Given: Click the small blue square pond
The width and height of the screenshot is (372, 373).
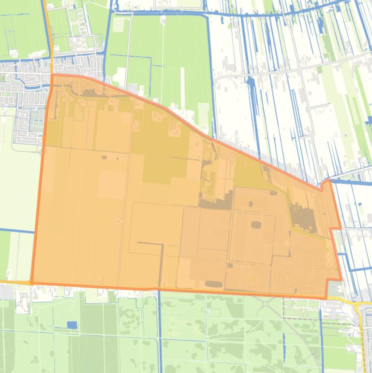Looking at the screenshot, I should tap(72, 325).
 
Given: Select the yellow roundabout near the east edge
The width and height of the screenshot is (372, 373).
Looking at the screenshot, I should tap(357, 306).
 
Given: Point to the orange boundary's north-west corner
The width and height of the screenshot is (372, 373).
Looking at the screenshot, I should tap(52, 75).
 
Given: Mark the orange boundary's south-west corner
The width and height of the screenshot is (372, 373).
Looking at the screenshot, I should tap(31, 282).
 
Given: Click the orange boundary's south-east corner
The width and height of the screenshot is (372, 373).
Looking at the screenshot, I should tap(327, 297).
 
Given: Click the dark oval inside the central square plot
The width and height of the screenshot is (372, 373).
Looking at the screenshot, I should tap(255, 224).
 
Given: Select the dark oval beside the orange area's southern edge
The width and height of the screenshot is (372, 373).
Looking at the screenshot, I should tap(211, 284).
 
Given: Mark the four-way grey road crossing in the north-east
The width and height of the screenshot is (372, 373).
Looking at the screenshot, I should tap(301, 68).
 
